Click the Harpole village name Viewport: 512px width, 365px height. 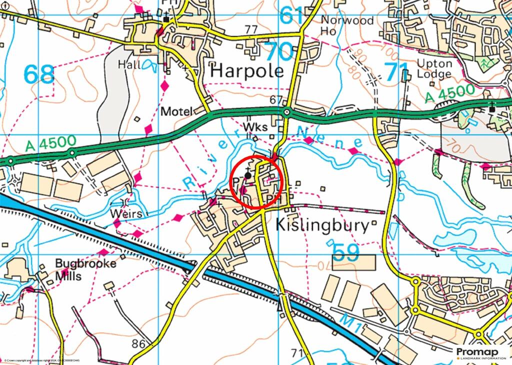coord(246,71)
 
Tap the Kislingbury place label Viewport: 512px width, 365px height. coord(322,225)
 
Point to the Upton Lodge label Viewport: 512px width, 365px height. coord(434,69)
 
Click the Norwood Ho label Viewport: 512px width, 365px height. coord(347,25)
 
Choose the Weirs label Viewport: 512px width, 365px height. coord(127,214)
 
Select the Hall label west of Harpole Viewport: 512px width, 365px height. coord(129,64)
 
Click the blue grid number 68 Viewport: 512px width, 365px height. coord(38,75)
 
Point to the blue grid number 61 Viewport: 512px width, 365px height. coord(291,15)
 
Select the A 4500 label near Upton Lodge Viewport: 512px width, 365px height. coord(449,94)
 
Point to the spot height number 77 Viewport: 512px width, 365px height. coord(251,29)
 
